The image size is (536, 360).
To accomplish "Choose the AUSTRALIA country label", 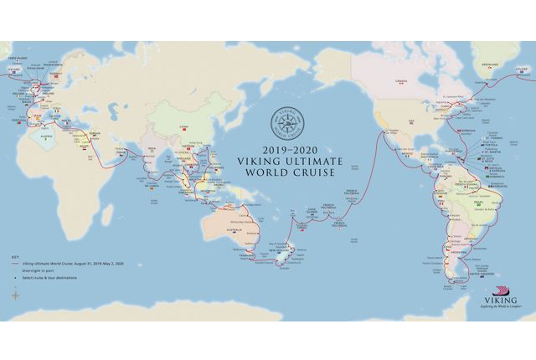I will point(232,229).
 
